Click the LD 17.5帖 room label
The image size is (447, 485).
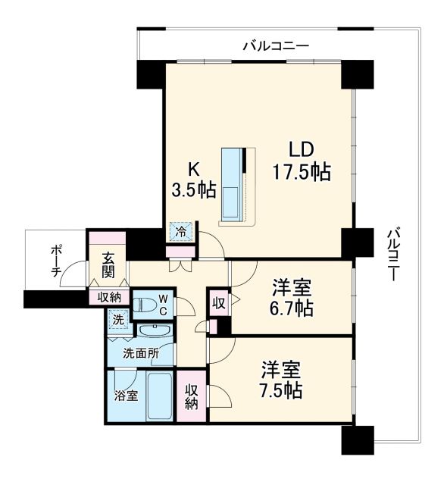pyautogui.click(x=301, y=160)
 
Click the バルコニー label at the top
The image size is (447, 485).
pyautogui.click(x=276, y=46)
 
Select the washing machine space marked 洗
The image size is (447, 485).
pyautogui.click(x=118, y=319)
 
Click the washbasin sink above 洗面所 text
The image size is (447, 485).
pyautogui.click(x=155, y=332)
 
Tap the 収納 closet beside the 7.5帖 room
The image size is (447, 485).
pyautogui.click(x=192, y=396)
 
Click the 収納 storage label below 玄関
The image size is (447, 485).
pyautogui.click(x=109, y=297)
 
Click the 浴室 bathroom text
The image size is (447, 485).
pyautogui.click(x=126, y=395)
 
